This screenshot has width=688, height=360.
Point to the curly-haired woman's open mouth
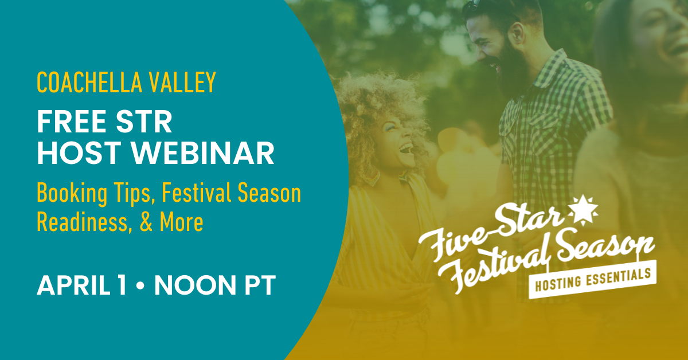pyautogui.click(x=405, y=150)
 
